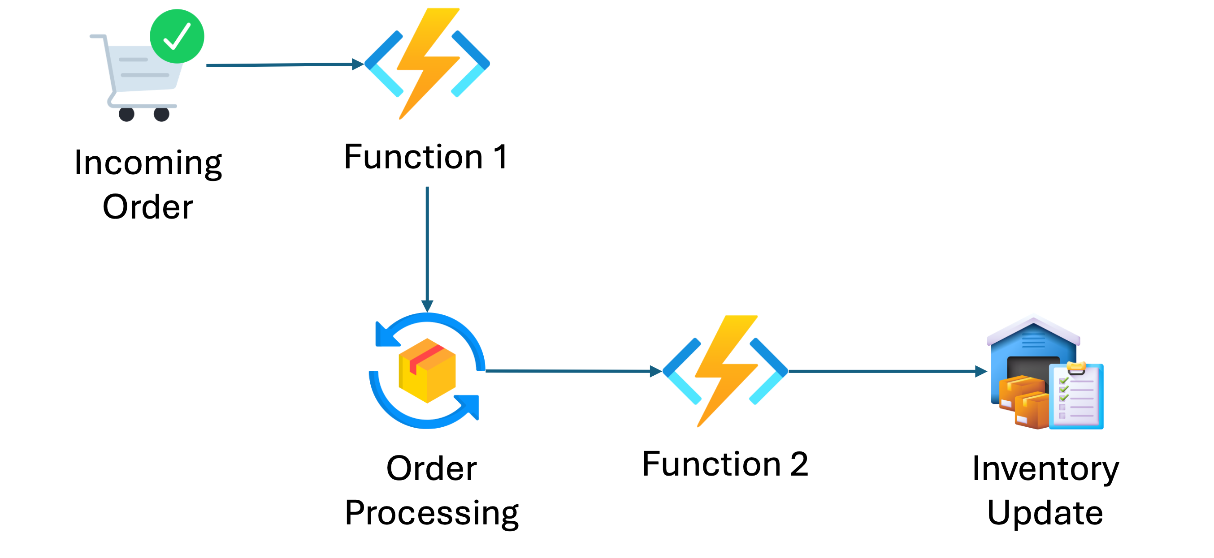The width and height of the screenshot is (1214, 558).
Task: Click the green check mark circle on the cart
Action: [177, 36]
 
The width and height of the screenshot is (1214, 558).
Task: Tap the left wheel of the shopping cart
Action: [127, 115]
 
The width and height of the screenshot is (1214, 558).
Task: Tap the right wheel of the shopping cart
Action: [162, 115]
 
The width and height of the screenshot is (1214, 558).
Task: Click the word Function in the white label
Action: [413, 157]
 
